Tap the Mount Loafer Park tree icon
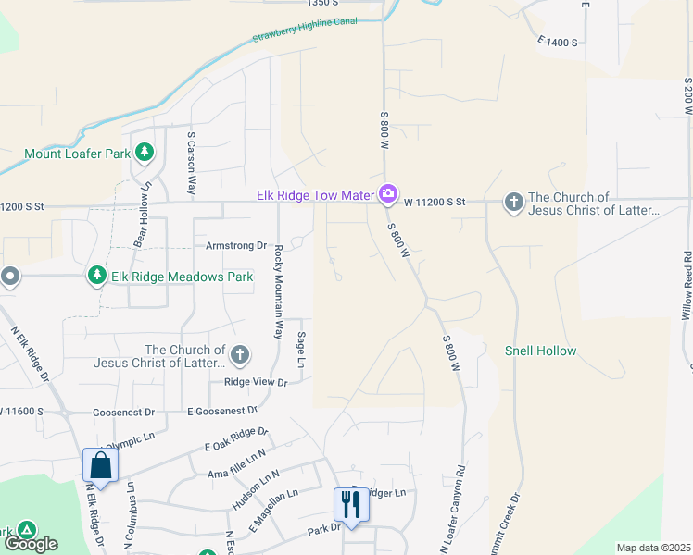coord(144,153)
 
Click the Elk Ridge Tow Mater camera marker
coord(388,194)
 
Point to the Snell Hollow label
coord(540,351)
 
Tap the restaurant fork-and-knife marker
coord(350,504)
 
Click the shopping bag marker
coord(100,465)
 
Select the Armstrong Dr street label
coord(235,246)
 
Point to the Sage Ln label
coord(300,349)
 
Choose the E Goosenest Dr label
coord(222,411)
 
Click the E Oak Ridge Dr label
coord(235,438)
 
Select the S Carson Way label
coord(192,162)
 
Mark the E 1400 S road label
coord(557,43)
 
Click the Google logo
coord(30,544)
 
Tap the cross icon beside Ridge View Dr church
coord(240,354)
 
